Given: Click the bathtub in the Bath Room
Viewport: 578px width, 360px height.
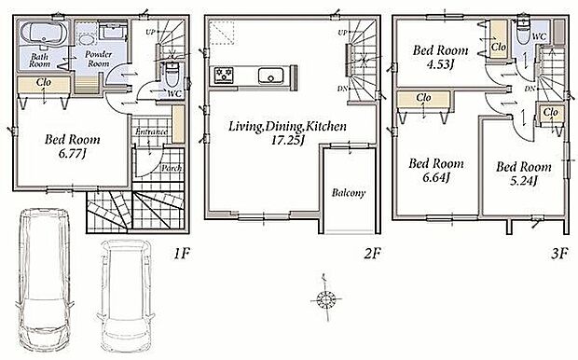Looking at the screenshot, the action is [44, 34].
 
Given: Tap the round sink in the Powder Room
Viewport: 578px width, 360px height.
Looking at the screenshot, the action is [87, 39].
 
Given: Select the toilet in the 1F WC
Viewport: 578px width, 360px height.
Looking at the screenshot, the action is [172, 74].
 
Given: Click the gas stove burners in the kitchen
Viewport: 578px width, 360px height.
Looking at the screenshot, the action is [224, 75].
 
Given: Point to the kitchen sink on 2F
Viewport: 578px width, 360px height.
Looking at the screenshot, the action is [271, 76].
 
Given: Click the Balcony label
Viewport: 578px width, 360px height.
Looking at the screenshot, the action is [349, 192].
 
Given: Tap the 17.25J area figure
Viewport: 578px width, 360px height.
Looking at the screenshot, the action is [287, 141].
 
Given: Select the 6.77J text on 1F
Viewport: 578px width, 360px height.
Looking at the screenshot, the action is [73, 154].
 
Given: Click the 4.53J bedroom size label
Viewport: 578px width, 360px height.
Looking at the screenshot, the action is [439, 64].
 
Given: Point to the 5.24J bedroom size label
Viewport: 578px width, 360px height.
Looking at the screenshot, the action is [524, 180].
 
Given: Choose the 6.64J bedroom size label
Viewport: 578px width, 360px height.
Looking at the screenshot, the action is [436, 177].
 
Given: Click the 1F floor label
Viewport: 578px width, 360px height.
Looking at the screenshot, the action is [182, 254].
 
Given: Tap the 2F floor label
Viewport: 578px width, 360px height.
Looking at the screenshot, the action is [372, 254].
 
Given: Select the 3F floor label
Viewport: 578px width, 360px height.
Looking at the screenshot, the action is [559, 254].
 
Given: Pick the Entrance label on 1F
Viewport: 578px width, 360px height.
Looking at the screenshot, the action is [152, 132].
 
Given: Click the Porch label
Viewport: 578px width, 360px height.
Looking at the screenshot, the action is [172, 168].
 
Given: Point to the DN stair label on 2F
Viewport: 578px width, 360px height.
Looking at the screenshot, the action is [343, 89].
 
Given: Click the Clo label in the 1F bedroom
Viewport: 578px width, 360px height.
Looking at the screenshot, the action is [44, 82].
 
